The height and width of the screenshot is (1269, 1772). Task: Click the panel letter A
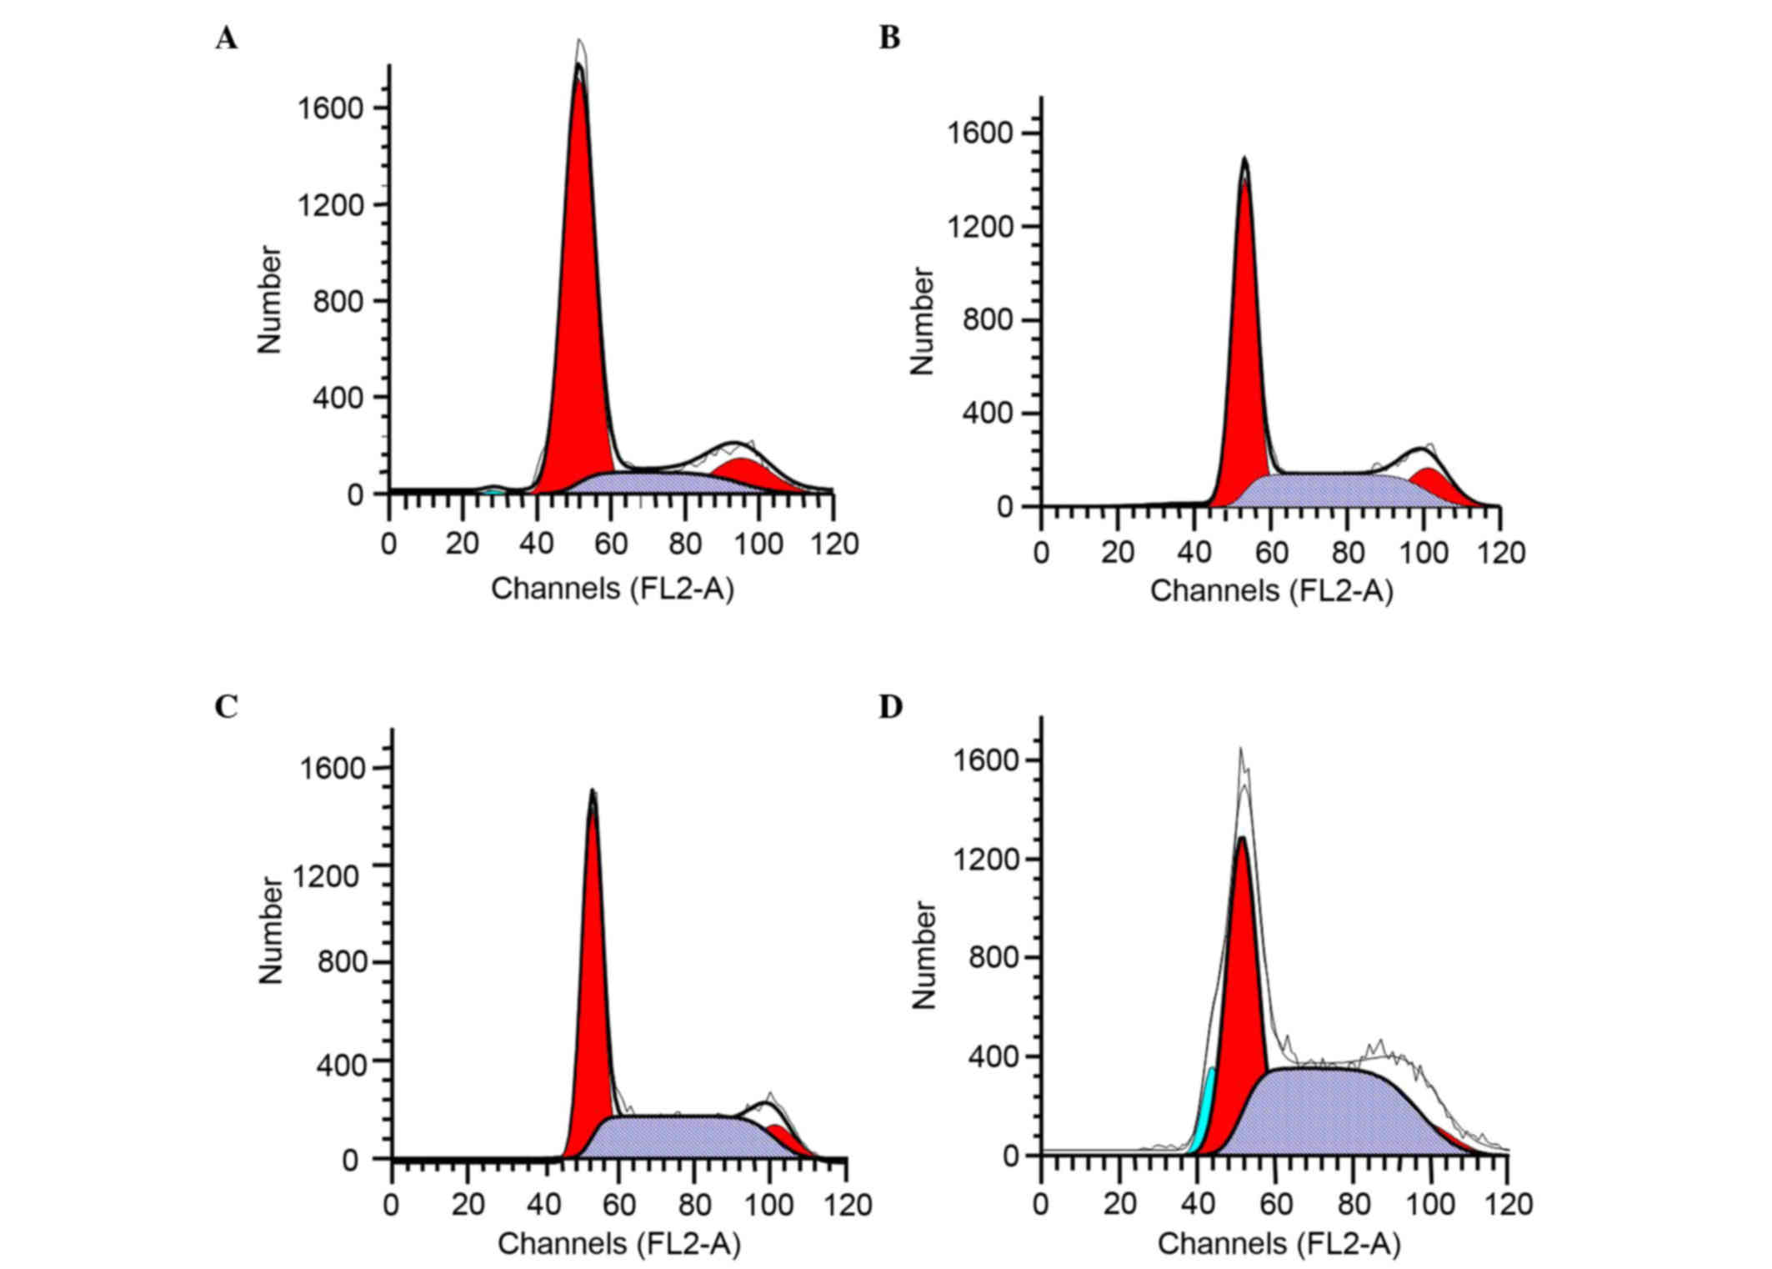pyautogui.click(x=226, y=39)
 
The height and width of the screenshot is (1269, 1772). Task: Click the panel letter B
pyautogui.click(x=889, y=39)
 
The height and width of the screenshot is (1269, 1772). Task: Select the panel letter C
pyautogui.click(x=226, y=707)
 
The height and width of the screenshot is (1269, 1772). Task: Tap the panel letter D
pyautogui.click(x=890, y=707)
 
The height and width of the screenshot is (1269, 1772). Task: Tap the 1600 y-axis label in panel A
pyautogui.click(x=331, y=108)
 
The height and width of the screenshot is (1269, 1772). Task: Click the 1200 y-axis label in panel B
pyautogui.click(x=981, y=227)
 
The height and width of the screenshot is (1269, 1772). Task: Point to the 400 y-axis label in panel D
pyautogui.click(x=994, y=1057)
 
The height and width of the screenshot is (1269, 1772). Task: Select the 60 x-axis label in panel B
pyautogui.click(x=1271, y=553)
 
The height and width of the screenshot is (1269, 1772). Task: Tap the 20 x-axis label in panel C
pyautogui.click(x=468, y=1205)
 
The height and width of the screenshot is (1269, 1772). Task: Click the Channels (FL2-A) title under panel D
pyautogui.click(x=1279, y=1244)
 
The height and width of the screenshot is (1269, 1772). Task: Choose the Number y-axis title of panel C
pyautogui.click(x=271, y=930)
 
